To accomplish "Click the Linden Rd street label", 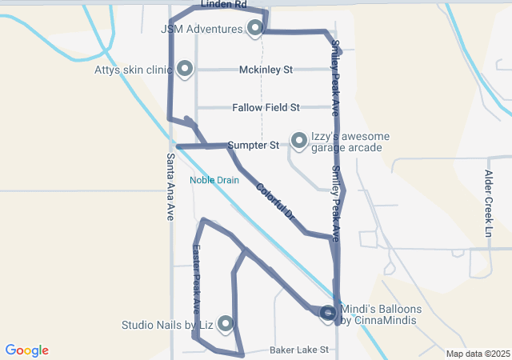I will (x=223, y=5).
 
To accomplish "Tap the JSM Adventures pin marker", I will (x=255, y=28).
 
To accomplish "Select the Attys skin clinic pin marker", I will (x=185, y=70).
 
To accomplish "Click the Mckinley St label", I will (x=266, y=70).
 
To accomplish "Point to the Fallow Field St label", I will (x=266, y=107).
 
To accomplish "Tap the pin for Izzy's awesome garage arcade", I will (x=298, y=141).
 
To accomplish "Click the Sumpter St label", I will (x=253, y=146).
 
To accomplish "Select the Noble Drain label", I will (x=214, y=180).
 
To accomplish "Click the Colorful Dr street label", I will (x=276, y=203).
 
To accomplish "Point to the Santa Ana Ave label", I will (x=170, y=187).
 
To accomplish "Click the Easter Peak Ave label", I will (x=196, y=278).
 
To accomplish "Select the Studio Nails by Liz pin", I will (x=226, y=323).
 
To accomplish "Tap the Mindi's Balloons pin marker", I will (x=328, y=314).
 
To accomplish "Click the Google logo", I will (x=26, y=350).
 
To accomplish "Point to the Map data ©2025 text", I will (x=478, y=354).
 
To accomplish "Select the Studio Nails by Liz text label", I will (x=167, y=326).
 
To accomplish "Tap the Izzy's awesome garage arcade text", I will (x=345, y=142).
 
